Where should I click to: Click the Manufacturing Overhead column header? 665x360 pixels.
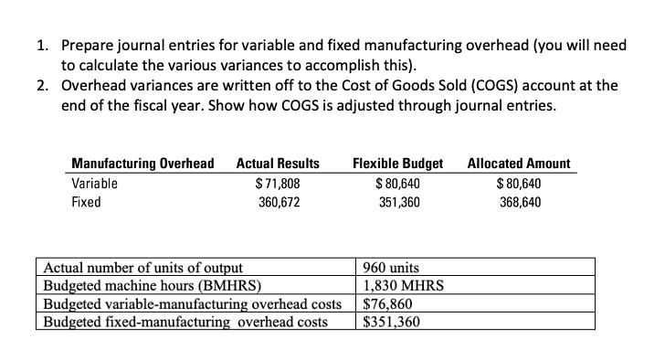pyautogui.click(x=142, y=164)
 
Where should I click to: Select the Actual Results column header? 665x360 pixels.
pyautogui.click(x=278, y=164)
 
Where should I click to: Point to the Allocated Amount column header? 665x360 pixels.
pyautogui.click(x=519, y=164)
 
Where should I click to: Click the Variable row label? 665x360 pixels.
pyautogui.click(x=94, y=183)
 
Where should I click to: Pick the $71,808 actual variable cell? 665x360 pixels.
pyautogui.click(x=278, y=183)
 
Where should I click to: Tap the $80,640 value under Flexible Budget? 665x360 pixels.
pyautogui.click(x=396, y=183)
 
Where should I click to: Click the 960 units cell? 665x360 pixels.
pyautogui.click(x=391, y=268)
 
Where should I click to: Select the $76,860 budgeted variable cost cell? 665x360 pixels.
pyautogui.click(x=389, y=304)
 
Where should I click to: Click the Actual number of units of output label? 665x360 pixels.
pyautogui.click(x=143, y=268)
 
